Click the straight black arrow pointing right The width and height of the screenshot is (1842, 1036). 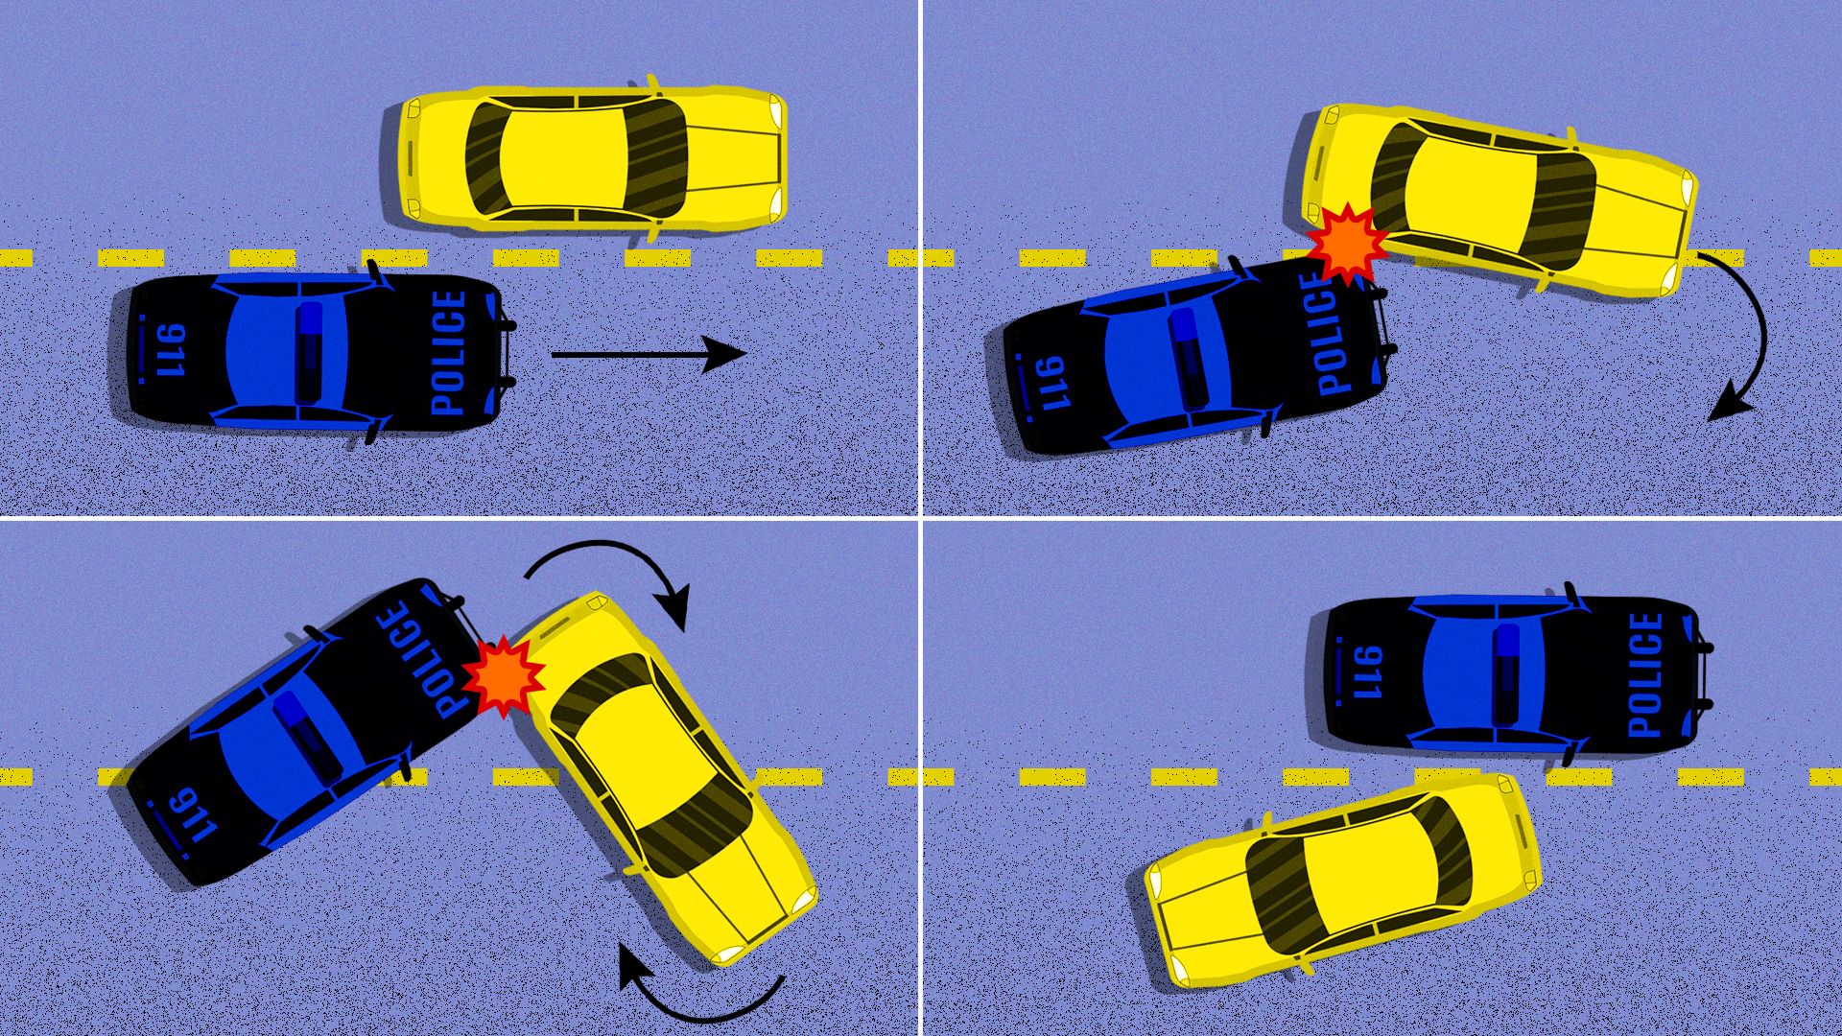(649, 354)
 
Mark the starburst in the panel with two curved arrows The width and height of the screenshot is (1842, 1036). (503, 675)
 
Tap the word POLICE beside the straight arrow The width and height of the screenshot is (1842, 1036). (449, 352)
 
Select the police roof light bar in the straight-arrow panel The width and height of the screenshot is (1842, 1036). (309, 352)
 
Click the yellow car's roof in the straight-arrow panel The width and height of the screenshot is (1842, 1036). (564, 157)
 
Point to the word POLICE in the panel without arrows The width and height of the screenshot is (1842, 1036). (1644, 674)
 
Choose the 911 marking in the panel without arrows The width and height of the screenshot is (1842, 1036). (1366, 672)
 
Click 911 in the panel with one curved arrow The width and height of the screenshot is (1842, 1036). (1053, 383)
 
